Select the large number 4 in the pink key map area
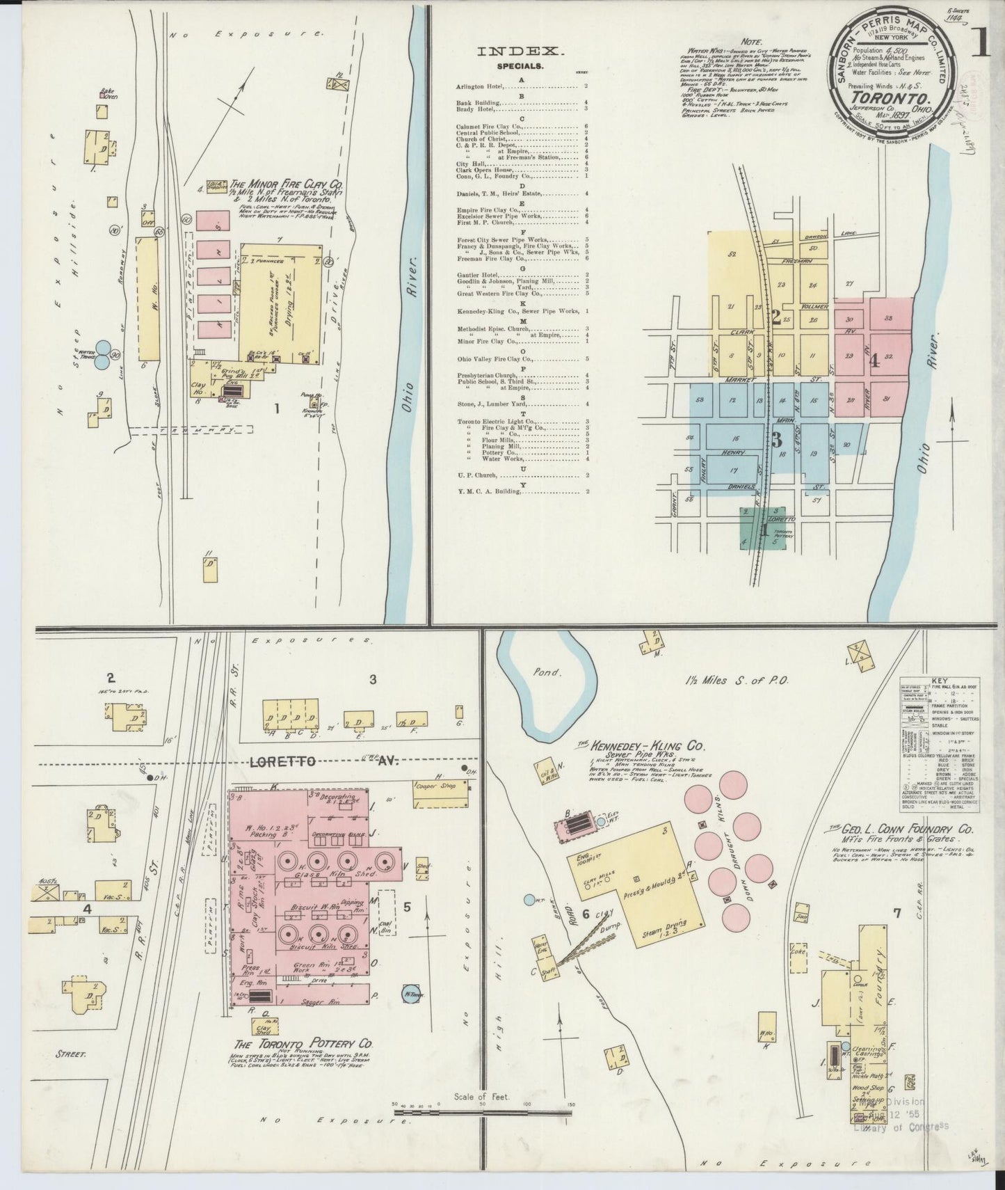[874, 361]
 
